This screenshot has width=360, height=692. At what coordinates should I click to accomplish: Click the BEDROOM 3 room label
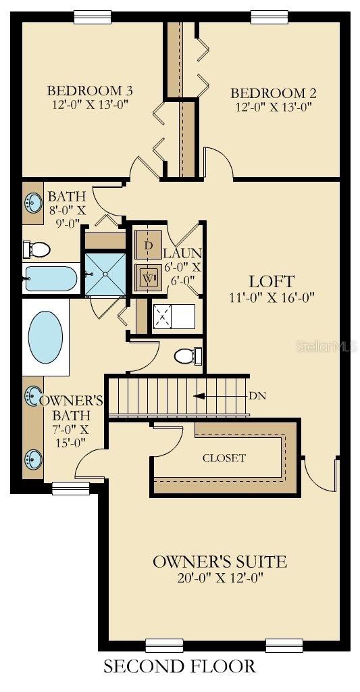(x=89, y=91)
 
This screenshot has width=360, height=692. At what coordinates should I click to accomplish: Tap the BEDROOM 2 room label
(x=274, y=93)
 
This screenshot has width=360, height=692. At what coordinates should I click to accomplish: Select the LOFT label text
(x=271, y=280)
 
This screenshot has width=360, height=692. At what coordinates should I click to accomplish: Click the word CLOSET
(x=224, y=458)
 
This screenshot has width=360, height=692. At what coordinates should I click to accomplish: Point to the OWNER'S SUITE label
(x=220, y=562)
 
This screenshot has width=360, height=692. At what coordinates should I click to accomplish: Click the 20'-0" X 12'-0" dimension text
(x=220, y=578)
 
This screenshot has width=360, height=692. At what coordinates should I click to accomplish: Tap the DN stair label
(x=257, y=396)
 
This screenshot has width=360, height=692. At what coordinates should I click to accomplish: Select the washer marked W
(x=149, y=277)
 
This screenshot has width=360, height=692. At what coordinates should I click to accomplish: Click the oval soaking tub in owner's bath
(x=45, y=335)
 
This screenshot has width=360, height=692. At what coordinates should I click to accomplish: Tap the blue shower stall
(x=105, y=273)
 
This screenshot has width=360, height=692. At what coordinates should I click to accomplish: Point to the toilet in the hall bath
(x=38, y=250)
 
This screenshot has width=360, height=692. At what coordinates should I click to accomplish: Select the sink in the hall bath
(x=32, y=201)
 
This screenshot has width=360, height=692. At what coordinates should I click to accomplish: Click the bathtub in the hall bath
(x=51, y=278)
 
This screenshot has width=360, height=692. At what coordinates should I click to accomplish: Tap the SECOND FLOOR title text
(x=180, y=666)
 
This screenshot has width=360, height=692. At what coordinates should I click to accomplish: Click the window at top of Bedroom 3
(x=93, y=17)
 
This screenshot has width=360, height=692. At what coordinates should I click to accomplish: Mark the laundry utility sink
(x=164, y=315)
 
